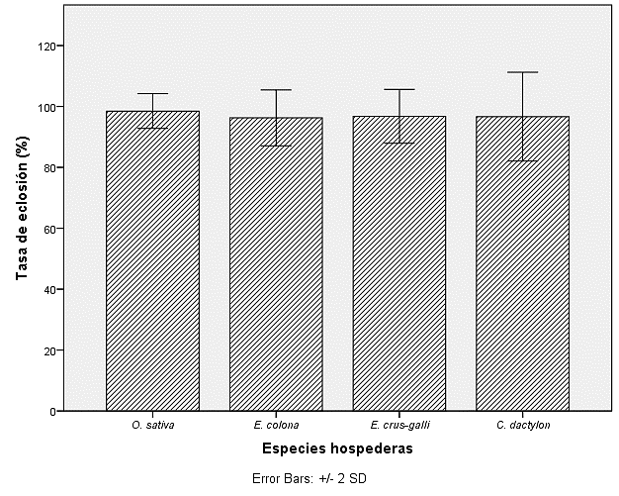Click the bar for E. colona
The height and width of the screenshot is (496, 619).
(x=276, y=263)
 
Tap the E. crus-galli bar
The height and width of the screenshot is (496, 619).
(x=399, y=262)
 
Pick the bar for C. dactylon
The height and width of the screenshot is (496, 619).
(x=522, y=262)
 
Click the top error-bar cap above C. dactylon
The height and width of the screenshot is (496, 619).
(x=522, y=72)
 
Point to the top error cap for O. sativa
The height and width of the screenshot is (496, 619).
(x=152, y=94)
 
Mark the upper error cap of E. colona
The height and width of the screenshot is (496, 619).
(x=276, y=90)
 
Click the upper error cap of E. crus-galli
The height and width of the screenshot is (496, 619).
(x=399, y=89)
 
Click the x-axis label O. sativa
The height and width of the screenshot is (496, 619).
(x=152, y=426)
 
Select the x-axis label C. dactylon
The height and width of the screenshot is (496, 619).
(x=522, y=426)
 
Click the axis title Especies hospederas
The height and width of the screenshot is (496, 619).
(x=337, y=448)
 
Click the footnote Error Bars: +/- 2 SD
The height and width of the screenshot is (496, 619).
(x=309, y=478)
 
